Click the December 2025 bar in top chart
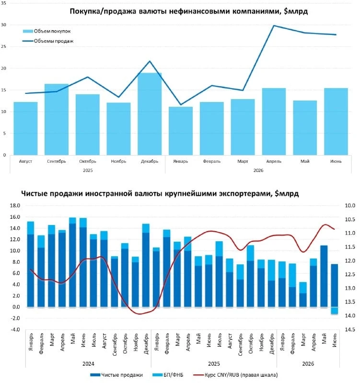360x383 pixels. click(x=150, y=114)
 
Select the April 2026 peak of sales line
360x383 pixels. click(x=274, y=25)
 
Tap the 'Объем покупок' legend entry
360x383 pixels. click(x=46, y=31)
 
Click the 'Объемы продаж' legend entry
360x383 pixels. click(x=48, y=41)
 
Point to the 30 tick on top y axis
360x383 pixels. click(x=3, y=25)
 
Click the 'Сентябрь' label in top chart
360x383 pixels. click(x=57, y=161)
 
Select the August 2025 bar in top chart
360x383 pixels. click(x=25, y=128)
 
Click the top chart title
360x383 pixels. click(x=188, y=11)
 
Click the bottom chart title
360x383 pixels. click(x=160, y=193)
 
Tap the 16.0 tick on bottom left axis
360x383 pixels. click(x=15, y=217)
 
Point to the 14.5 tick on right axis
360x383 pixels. click(x=350, y=329)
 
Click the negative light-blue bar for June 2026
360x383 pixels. click(x=334, y=310)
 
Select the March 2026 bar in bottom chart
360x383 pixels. click(x=303, y=294)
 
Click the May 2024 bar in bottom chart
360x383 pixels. click(x=73, y=262)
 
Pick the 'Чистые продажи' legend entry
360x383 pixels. click(x=116, y=375)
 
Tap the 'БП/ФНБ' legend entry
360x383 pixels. click(x=167, y=375)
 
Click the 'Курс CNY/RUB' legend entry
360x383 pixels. click(x=235, y=375)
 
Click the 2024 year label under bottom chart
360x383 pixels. click(x=88, y=364)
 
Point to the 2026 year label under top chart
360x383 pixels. click(x=258, y=170)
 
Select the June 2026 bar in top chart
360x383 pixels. click(x=336, y=122)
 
